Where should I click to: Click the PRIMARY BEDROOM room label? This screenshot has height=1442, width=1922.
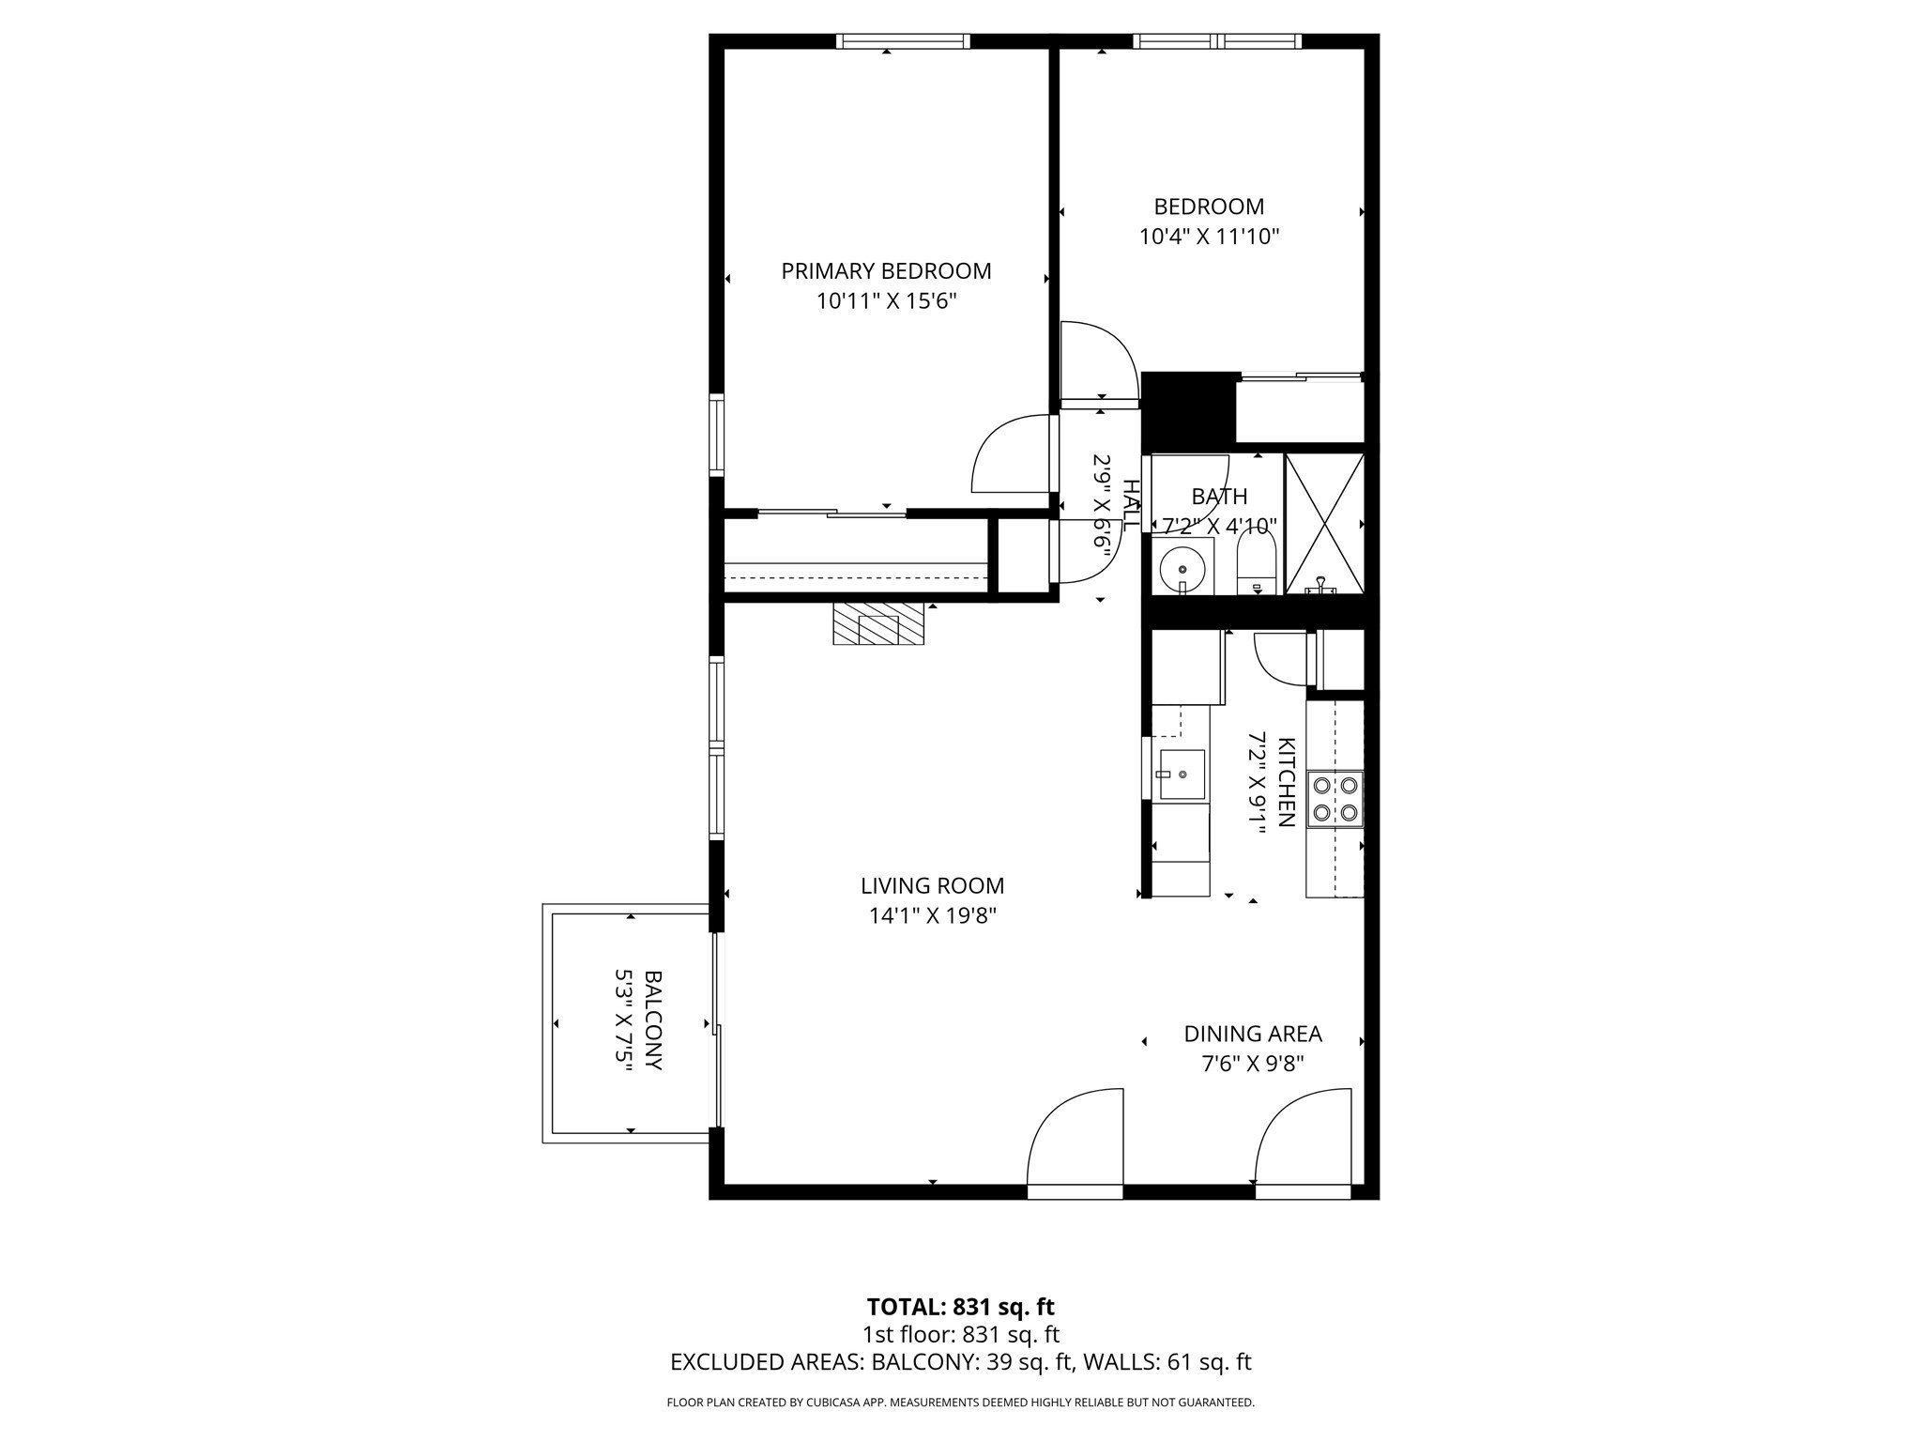pyautogui.click(x=886, y=271)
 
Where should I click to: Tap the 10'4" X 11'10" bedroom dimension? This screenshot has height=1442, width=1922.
pyautogui.click(x=1209, y=237)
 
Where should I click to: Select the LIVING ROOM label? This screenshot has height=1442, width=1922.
pyautogui.click(x=932, y=885)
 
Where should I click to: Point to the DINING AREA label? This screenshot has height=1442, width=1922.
pyautogui.click(x=1252, y=1034)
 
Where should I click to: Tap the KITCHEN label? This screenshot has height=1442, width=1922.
pyautogui.click(x=1287, y=781)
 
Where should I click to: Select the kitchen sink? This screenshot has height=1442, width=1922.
pyautogui.click(x=1182, y=775)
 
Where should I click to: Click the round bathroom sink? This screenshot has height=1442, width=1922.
pyautogui.click(x=1182, y=568)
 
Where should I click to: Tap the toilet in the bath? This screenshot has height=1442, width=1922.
pyautogui.click(x=1256, y=564)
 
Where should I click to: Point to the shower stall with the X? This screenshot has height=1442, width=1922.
pyautogui.click(x=1323, y=522)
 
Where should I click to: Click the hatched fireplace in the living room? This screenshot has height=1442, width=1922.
pyautogui.click(x=878, y=624)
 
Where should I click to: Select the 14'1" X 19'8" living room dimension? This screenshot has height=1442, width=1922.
pyautogui.click(x=932, y=915)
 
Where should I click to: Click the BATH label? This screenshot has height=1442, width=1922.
pyautogui.click(x=1219, y=497)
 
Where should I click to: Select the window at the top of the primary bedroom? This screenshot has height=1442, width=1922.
pyautogui.click(x=902, y=41)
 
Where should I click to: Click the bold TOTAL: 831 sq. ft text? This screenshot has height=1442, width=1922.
pyautogui.click(x=960, y=1307)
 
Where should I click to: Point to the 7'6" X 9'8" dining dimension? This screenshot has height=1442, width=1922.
pyautogui.click(x=1252, y=1064)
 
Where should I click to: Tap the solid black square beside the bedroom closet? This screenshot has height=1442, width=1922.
pyautogui.click(x=1188, y=409)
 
